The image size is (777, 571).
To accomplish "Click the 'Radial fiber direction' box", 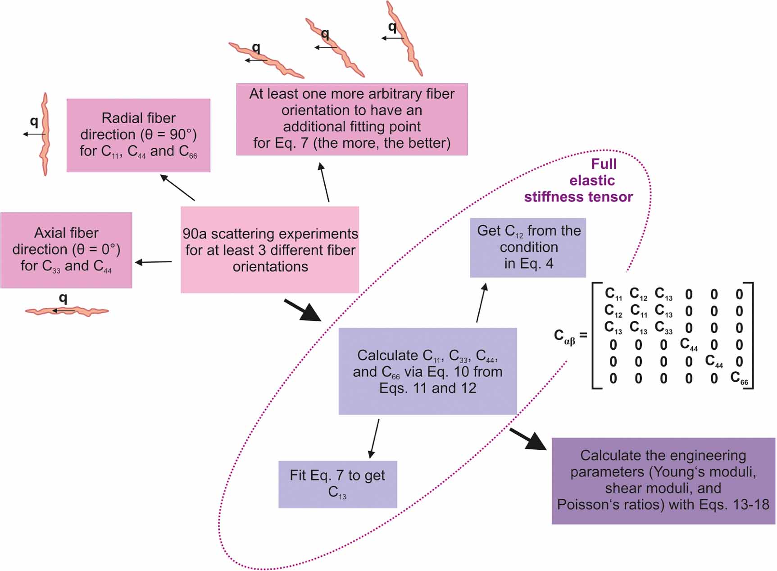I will pos(138,135).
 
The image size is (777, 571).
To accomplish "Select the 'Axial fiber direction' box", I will pos(66,250).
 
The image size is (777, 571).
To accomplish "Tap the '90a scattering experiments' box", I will pos(270,250).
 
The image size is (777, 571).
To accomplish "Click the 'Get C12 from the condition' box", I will pos(528,247).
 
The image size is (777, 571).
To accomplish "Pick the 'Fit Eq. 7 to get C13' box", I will pos(337,484).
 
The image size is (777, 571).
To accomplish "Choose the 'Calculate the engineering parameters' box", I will pos(663,480).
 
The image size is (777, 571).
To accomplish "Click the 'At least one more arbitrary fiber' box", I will pos(352,119).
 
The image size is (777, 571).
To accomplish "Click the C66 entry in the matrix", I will pos(739,378).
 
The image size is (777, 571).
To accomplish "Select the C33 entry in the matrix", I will pos(663,328).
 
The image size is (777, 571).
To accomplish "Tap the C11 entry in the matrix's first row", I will pos(613,294).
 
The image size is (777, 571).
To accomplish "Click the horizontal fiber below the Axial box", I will pos(67,311).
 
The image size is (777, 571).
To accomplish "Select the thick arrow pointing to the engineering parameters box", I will pos(528,439).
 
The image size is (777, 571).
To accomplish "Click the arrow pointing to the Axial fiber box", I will pos(153,262).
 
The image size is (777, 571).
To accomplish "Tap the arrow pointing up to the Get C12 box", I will pos(481,302).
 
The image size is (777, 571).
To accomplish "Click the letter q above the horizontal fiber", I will pos(63,297).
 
